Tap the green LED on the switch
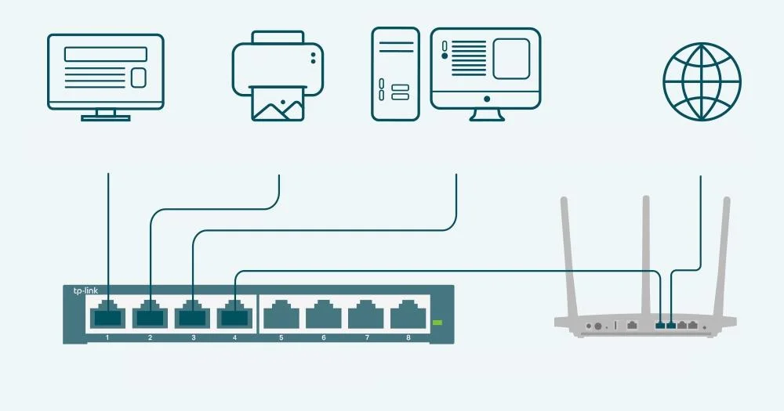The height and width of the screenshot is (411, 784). tap(437, 322)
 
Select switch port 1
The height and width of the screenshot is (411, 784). tap(107, 316)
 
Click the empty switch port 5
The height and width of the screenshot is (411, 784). tap(281, 316)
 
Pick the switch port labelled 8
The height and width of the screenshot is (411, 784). tap(408, 316)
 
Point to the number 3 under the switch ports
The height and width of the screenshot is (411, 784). tap(193, 337)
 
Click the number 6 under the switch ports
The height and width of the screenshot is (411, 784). tap(323, 337)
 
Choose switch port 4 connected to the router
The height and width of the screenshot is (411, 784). tap(235, 316)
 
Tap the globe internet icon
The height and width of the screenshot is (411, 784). tap(701, 77)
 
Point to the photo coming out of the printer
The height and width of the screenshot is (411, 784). tap(278, 104)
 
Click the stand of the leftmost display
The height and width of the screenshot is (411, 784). tap(106, 116)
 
